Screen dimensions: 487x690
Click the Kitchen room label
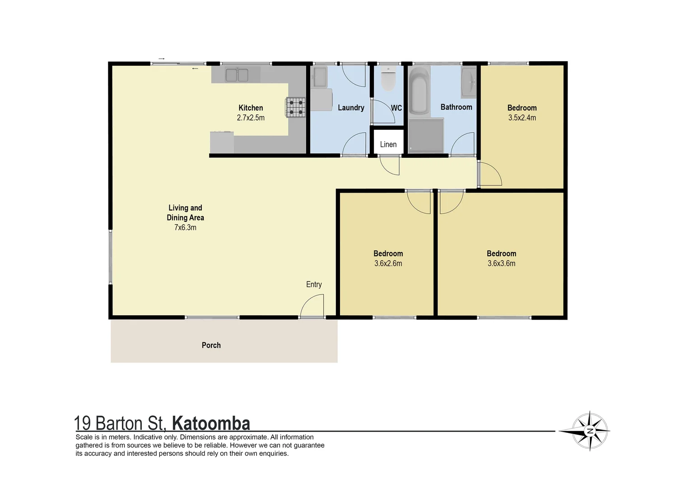[x=251, y=108]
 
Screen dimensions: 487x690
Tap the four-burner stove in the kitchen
[x=295, y=108]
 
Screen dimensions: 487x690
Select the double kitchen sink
[x=237, y=75]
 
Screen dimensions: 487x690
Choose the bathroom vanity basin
[x=469, y=83]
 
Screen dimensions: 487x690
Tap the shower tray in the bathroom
[x=426, y=135]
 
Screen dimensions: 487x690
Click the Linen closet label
[x=388, y=144]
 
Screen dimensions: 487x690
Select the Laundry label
[x=351, y=108]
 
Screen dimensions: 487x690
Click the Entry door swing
[x=313, y=307]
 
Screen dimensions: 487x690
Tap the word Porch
[x=211, y=345]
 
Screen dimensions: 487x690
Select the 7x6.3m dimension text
[x=185, y=227]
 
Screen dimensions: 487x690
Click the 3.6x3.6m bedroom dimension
[x=501, y=263]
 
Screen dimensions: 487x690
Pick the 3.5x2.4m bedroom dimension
[x=522, y=118]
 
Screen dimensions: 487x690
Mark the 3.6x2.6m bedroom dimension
[x=388, y=263]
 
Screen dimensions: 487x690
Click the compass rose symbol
[x=589, y=431]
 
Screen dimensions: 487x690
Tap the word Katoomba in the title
[x=211, y=424]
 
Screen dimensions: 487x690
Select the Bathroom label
[x=456, y=107]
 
